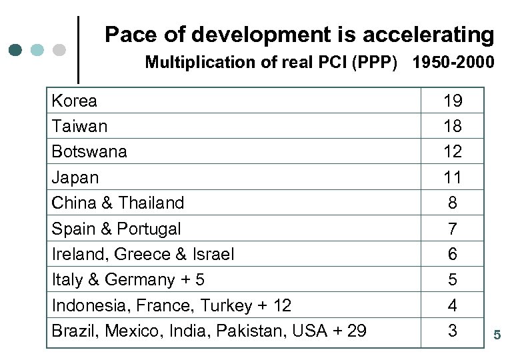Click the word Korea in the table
tap(74, 101)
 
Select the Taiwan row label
tap(79, 126)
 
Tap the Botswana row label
tap(89, 151)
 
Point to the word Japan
tap(75, 177)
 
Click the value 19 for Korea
tap(453, 101)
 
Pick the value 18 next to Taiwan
tap(453, 126)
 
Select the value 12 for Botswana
tap(453, 151)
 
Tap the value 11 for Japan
tap(453, 177)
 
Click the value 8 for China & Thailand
tap(453, 202)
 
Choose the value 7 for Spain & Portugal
tap(453, 229)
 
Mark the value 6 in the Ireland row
tap(453, 254)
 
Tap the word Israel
tap(213, 254)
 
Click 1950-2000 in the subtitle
tap(453, 63)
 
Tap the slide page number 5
tap(497, 335)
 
